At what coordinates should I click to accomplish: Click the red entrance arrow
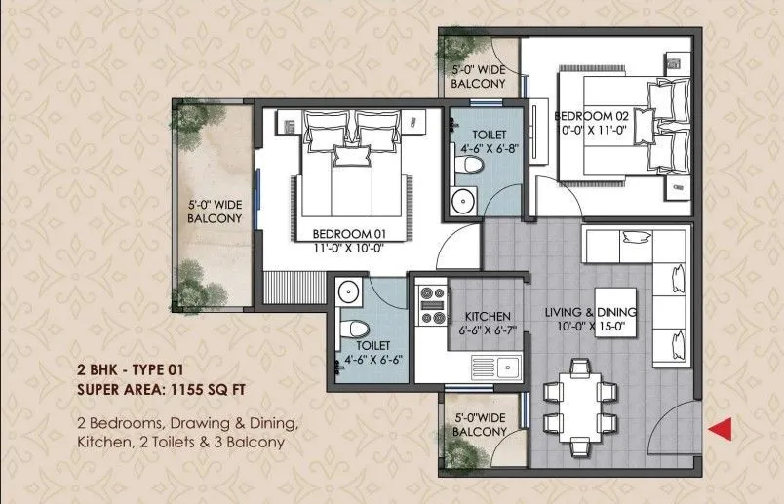tap(720, 426)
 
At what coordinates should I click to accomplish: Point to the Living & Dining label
tap(590, 312)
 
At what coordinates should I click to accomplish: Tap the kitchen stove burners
tap(429, 304)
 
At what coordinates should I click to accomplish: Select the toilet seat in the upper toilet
tap(472, 168)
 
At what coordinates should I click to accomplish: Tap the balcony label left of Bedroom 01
tap(214, 213)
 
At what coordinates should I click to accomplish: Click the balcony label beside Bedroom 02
tap(478, 78)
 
